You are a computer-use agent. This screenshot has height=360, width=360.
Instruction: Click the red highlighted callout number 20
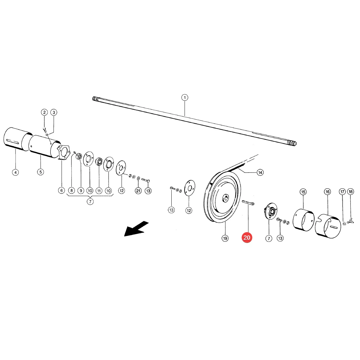click(x=247, y=238)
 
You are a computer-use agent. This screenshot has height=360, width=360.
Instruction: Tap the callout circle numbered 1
click(x=185, y=97)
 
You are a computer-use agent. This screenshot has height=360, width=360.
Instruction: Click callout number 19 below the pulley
click(x=225, y=238)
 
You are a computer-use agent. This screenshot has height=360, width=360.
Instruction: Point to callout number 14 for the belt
click(x=260, y=173)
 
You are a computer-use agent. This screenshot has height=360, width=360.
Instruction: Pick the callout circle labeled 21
click(x=138, y=191)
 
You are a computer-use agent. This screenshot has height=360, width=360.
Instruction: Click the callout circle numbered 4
click(x=15, y=172)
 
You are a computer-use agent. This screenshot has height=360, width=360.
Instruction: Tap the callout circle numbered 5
click(x=41, y=172)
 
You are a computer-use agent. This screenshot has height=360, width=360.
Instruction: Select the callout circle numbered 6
click(x=62, y=190)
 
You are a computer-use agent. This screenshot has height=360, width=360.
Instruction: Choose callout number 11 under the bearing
click(x=99, y=191)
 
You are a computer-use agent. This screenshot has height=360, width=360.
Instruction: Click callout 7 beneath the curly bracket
click(x=90, y=202)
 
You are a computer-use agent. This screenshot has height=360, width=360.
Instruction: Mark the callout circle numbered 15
click(x=303, y=192)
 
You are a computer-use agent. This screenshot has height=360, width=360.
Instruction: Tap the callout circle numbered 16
click(x=328, y=192)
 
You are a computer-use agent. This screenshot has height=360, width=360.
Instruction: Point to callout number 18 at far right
click(x=351, y=191)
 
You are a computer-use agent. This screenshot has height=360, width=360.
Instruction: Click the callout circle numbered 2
click(x=44, y=112)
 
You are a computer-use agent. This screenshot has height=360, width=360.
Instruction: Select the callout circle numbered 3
click(x=54, y=112)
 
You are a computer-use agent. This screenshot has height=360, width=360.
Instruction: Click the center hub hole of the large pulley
click(x=226, y=198)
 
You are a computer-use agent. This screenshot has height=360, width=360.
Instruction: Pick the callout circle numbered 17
click(x=342, y=192)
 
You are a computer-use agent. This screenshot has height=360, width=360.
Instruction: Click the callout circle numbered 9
click(x=81, y=191)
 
